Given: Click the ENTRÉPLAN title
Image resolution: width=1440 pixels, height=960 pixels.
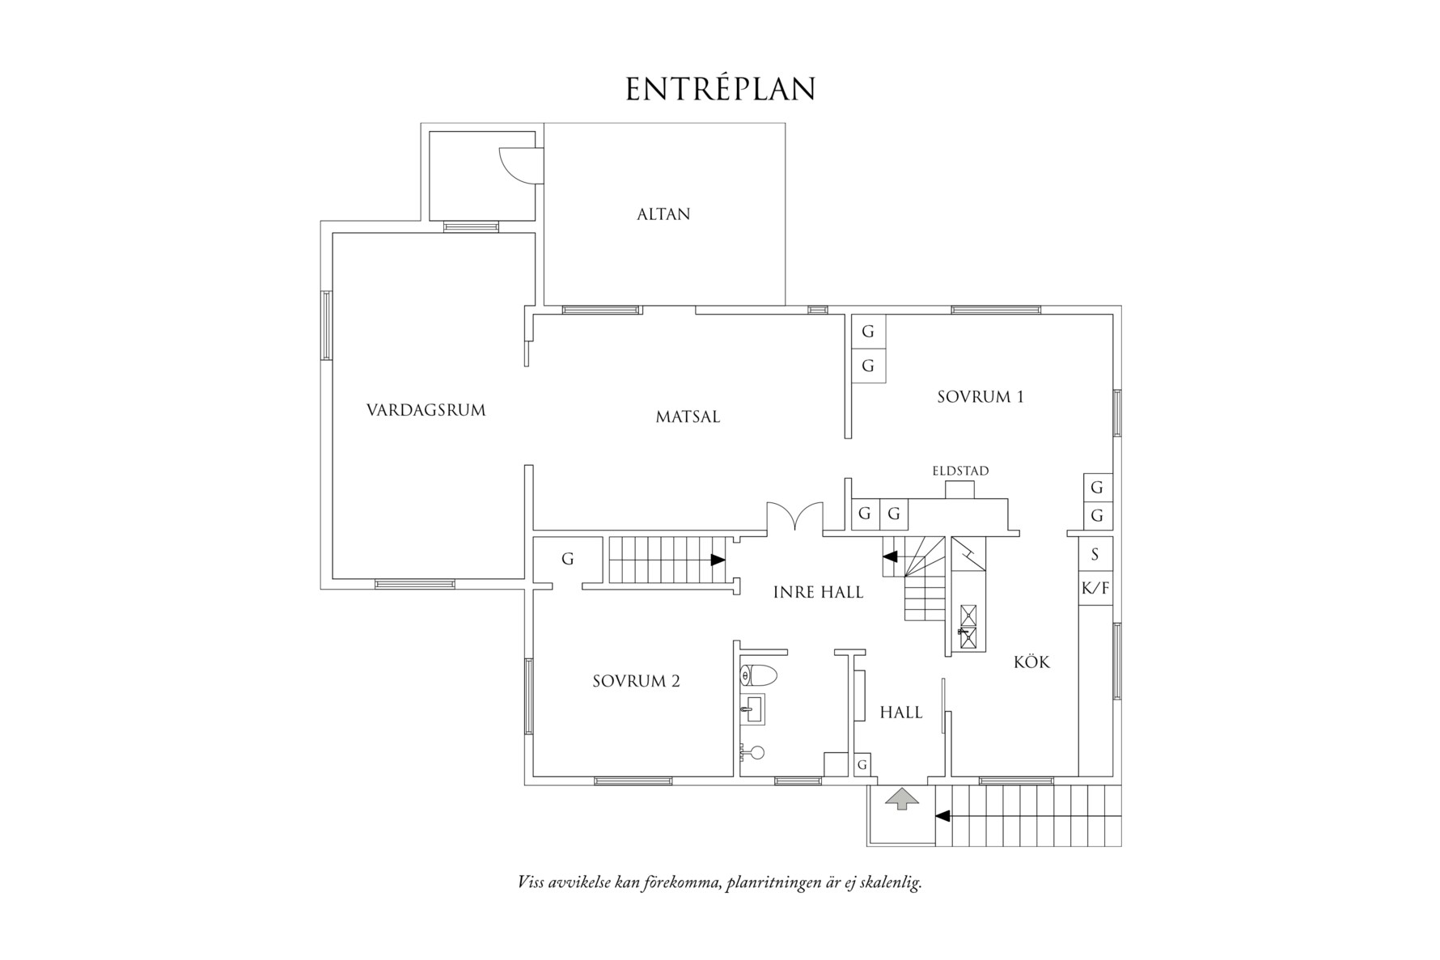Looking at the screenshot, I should tap(720, 90).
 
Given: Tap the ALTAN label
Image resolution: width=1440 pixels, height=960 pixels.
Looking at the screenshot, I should tap(663, 214).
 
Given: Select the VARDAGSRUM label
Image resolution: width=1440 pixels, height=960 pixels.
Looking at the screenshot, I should tap(426, 410).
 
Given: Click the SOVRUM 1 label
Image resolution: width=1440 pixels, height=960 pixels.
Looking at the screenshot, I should tap(980, 397).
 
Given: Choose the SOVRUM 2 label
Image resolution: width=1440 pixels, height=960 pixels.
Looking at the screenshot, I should tap(636, 681).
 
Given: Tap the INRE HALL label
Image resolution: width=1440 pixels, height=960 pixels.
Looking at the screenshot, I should tap(818, 592).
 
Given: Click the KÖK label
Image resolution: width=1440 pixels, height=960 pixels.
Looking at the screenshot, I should tap(1031, 662).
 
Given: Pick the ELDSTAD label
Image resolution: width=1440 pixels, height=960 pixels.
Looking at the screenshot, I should tap(960, 471).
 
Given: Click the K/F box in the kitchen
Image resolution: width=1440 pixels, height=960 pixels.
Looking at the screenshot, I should tap(1095, 589).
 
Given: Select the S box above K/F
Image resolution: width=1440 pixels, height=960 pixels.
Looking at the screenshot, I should tap(1095, 554).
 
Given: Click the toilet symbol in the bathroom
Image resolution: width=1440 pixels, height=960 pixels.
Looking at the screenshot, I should tap(758, 675).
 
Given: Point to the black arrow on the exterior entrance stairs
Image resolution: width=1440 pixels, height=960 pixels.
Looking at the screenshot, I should tap(942, 816).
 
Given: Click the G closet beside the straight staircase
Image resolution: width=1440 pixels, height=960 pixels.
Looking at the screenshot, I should tap(567, 559).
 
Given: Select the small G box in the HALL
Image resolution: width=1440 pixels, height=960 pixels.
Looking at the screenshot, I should tap(862, 764).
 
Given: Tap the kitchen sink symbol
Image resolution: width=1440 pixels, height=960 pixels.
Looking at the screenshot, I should tap(967, 628).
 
